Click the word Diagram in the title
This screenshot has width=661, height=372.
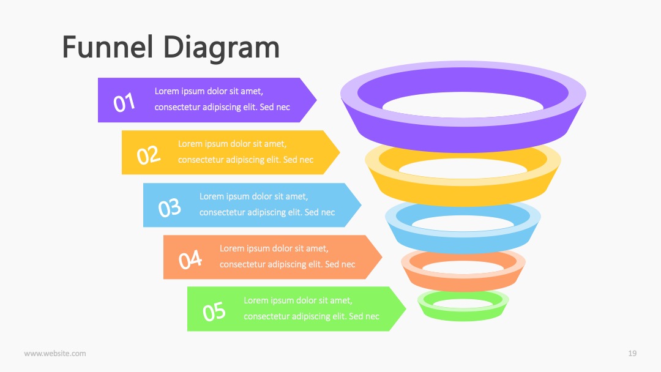click(222, 49)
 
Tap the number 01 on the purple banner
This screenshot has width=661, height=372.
click(124, 102)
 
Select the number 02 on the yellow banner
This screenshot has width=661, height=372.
click(148, 155)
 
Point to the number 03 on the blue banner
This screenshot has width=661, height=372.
click(170, 207)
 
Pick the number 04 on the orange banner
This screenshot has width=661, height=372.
click(190, 259)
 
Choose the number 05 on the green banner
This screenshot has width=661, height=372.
click(214, 312)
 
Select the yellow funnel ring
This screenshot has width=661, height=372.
click(463, 192)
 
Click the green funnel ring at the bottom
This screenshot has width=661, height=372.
click(463, 314)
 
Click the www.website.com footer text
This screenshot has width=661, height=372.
click(55, 354)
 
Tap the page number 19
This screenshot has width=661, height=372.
click(632, 354)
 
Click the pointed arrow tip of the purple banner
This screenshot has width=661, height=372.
click(316, 100)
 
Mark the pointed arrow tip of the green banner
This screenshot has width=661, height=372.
click(406, 309)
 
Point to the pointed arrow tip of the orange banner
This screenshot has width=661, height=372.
click(381, 257)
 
